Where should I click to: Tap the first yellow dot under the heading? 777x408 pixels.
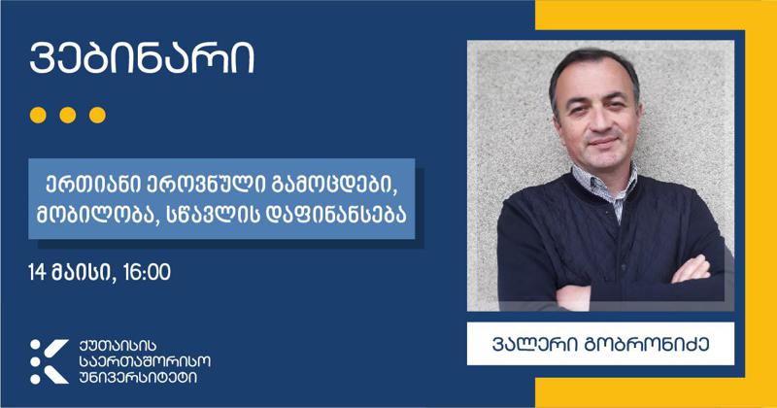coord(38,115)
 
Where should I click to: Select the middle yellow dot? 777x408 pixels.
coord(67,115)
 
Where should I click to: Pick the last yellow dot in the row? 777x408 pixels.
coord(96,115)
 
